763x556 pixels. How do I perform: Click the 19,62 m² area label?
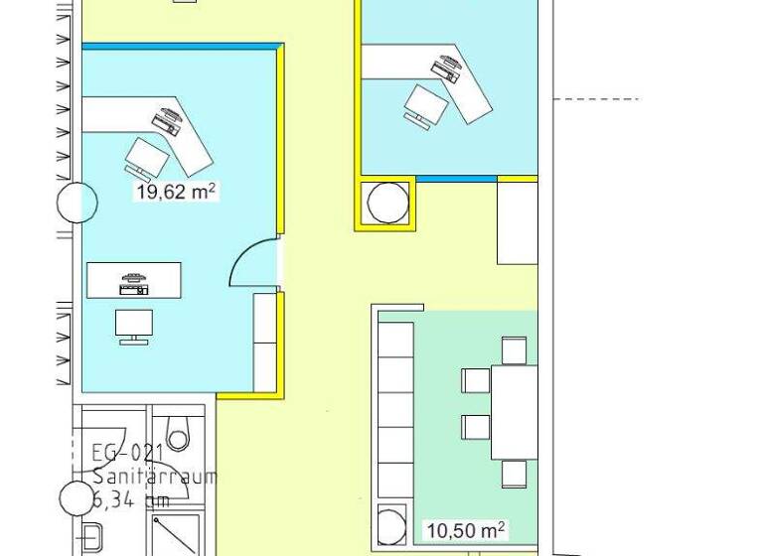tap(176, 192)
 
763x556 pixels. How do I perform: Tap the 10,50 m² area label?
tap(465, 530)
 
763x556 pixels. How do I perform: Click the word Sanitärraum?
tap(154, 477)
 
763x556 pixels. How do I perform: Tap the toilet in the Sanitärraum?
tap(179, 434)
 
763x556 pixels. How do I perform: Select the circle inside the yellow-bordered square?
tap(387, 203)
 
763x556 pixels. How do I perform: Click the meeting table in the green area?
tap(514, 411)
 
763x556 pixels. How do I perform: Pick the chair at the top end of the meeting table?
tap(514, 350)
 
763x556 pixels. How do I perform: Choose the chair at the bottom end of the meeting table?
tap(514, 474)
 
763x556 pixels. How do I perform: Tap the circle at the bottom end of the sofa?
tap(392, 522)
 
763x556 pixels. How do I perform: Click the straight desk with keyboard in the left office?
tap(134, 280)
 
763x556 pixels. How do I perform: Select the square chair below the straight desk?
tap(134, 325)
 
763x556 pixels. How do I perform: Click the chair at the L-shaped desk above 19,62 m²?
tap(148, 157)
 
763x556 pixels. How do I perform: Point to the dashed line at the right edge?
tap(595, 99)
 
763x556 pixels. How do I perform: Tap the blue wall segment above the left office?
tap(179, 46)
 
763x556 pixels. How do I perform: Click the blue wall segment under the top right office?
tap(456, 179)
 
